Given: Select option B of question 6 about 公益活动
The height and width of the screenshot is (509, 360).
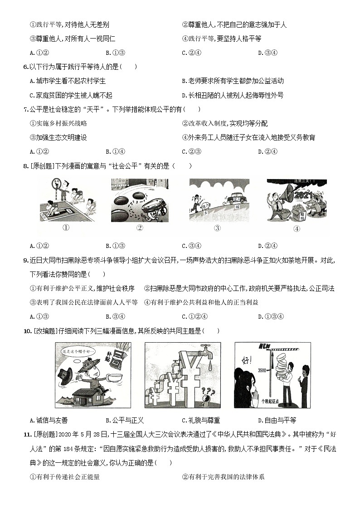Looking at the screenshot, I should pyautogui.click(x=232, y=81).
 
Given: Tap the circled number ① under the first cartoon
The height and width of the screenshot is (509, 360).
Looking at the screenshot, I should pyautogui.click(x=66, y=228).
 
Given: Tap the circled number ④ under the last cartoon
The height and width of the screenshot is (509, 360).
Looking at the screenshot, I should pyautogui.click(x=297, y=228).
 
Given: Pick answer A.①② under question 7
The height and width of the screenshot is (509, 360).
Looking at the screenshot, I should pyautogui.click(x=39, y=151).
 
